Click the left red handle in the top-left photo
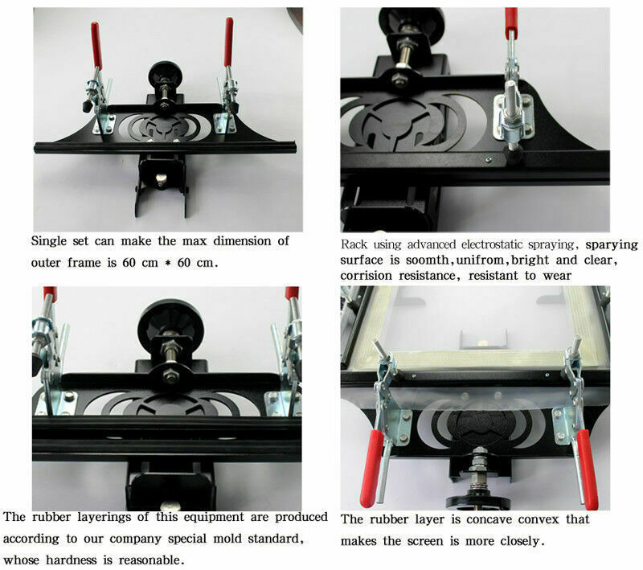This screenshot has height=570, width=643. [96, 45]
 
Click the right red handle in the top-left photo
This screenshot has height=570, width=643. [228, 42]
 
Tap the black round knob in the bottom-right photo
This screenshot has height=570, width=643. [478, 501]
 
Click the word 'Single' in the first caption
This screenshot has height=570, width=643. [48, 241]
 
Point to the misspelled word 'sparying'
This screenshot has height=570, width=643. [612, 244]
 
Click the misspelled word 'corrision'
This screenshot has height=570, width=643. [366, 276]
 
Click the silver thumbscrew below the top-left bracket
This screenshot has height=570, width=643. [162, 178]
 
